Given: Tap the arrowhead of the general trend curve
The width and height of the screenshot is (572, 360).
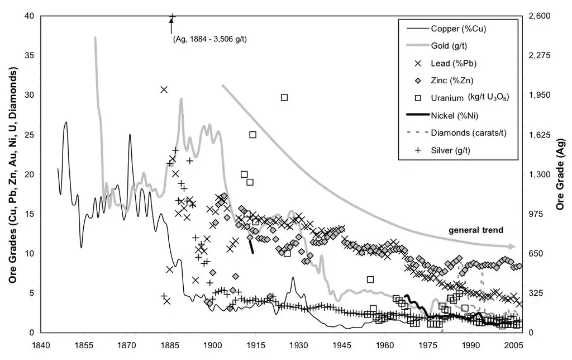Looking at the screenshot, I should (x=512, y=247).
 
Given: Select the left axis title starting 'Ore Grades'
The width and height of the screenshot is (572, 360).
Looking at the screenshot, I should (x=11, y=175).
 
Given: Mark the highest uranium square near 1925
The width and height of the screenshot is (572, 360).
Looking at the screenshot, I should (x=284, y=97).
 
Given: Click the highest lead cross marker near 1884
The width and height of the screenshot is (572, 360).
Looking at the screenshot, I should (x=164, y=89).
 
